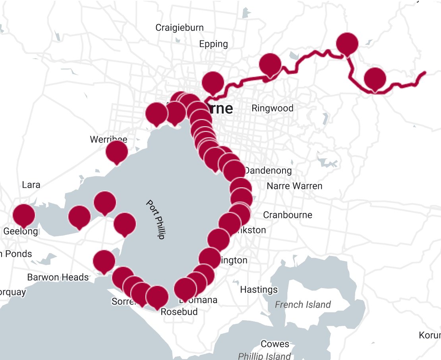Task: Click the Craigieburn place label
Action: pos(180,28)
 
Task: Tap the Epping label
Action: pos(214,44)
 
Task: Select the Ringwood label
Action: pos(273,108)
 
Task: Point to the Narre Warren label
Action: pos(294,186)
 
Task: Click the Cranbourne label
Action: pos(288,215)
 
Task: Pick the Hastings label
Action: pos(259,290)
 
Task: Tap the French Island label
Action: pos(303,305)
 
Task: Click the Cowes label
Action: pos(275,344)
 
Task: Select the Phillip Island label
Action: pos(265,356)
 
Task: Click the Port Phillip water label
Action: pos(155,219)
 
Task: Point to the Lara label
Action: pos(31,185)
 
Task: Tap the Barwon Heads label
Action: pos(58,277)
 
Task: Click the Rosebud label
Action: pos(179,312)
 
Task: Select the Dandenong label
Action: pos(268,171)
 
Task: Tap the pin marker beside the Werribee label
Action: pos(117,151)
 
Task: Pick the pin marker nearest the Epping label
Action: pos(213,82)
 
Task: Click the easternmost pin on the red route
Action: pos(375,78)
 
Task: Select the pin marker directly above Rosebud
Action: pos(157,296)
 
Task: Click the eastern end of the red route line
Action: pos(425,73)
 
